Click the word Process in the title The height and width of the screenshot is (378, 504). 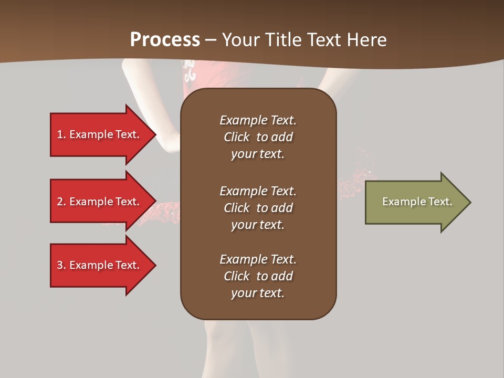click(165, 39)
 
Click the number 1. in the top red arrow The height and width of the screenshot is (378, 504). click(61, 134)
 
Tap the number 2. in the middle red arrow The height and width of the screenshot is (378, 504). click(61, 202)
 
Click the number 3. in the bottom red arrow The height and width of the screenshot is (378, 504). click(61, 265)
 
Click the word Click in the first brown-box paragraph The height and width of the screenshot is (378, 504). click(237, 137)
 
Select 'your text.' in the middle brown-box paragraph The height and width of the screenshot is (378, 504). click(258, 225)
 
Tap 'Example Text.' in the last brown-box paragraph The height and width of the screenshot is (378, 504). click(258, 259)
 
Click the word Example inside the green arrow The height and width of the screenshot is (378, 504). click(400, 202)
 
